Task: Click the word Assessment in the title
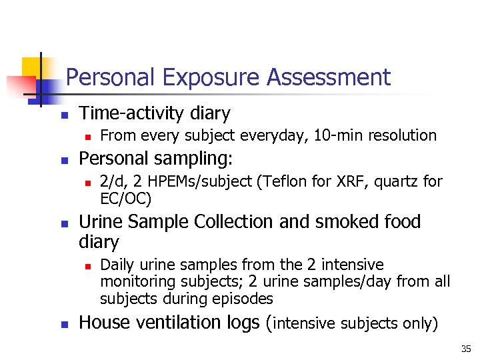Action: [328, 79]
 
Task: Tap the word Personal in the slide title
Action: [111, 79]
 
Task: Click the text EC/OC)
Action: [126, 198]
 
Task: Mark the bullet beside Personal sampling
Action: [63, 161]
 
